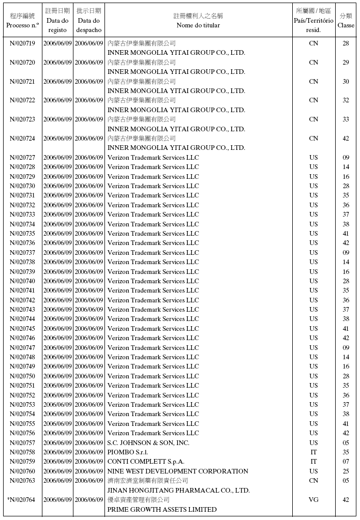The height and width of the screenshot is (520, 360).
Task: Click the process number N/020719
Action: [22, 43]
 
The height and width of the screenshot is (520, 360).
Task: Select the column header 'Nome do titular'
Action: [198, 25]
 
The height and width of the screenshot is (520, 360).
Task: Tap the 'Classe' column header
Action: [346, 25]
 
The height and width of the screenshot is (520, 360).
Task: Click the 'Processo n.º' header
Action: [22, 25]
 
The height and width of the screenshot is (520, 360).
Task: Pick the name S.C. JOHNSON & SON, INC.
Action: [148, 443]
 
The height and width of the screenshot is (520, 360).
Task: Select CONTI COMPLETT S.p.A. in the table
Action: [146, 462]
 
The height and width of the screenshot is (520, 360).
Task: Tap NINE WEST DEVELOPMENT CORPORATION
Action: [178, 471]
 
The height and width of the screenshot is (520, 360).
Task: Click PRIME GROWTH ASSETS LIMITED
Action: [162, 510]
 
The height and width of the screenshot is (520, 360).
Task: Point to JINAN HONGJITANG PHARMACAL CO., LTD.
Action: [178, 491]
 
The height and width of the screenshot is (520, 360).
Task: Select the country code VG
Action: [313, 500]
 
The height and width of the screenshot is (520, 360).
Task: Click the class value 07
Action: [346, 462]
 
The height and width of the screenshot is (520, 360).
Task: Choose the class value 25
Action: [346, 471]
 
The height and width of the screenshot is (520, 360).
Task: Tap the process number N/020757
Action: [22, 443]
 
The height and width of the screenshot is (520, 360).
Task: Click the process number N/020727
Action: [22, 158]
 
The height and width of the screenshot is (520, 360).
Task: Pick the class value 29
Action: [346, 63]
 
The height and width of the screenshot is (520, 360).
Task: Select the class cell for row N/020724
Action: [346, 139]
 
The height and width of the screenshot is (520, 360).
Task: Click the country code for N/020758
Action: [313, 452]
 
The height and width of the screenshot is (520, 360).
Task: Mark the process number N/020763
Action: [22, 481]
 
